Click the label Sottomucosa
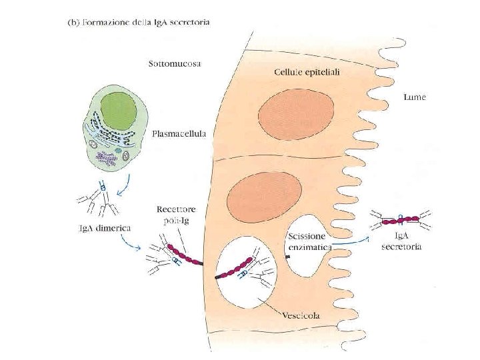coord(175,64)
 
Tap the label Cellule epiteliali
coord(306,71)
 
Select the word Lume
coord(415,97)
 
